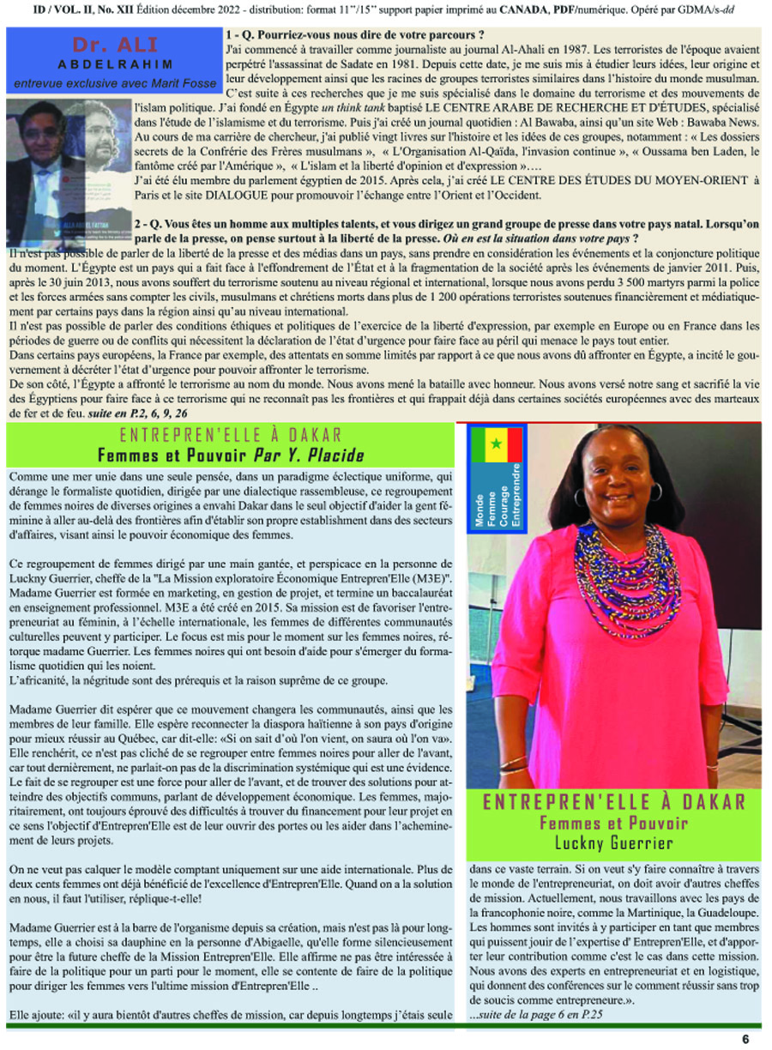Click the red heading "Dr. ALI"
pyautogui.click(x=110, y=45)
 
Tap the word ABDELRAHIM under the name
pyautogui.click(x=110, y=64)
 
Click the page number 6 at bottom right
pyautogui.click(x=745, y=1039)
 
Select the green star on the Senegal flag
pyautogui.click(x=495, y=444)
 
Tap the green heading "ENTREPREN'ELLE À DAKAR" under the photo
pyautogui.click(x=614, y=803)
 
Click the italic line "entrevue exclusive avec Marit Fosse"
pyautogui.click(x=110, y=83)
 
